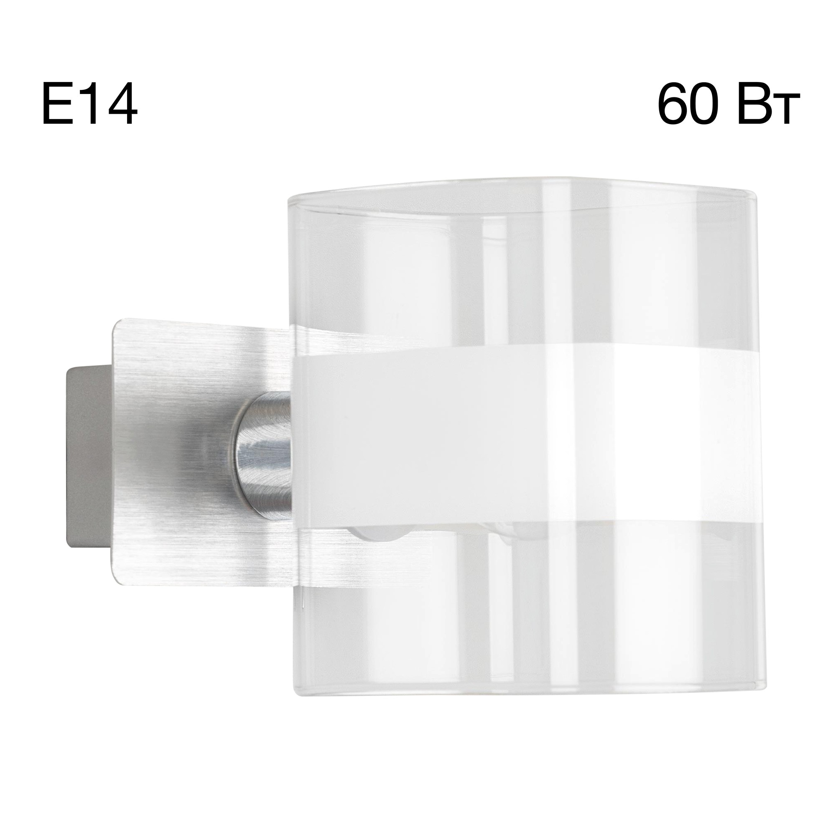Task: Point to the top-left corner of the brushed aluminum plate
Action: tap(116, 322)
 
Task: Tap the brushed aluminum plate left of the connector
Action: tap(173, 454)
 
